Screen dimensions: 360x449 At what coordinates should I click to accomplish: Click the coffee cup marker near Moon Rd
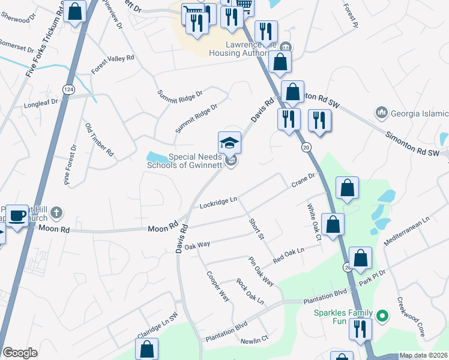(x=17, y=215)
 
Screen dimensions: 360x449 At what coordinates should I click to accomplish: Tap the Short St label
(x=257, y=229)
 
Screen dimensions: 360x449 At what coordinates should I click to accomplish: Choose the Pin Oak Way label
(x=261, y=271)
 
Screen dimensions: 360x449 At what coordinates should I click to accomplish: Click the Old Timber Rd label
(x=100, y=140)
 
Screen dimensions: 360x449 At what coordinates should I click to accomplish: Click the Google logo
(x=20, y=353)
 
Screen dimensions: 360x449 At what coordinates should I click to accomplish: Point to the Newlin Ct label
(x=254, y=341)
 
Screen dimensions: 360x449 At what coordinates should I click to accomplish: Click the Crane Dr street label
(x=303, y=179)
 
